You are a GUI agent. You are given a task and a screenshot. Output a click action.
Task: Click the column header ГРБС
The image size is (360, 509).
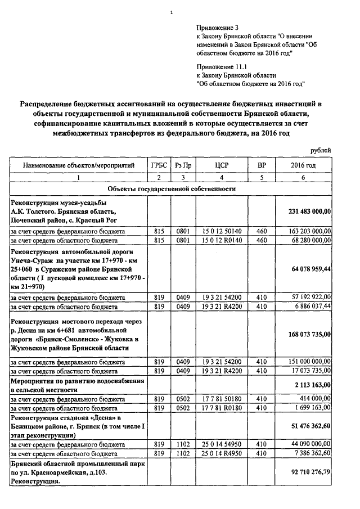pyautogui.click(x=159, y=165)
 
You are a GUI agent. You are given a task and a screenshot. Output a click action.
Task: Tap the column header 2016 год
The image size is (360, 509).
pyautogui.click(x=303, y=165)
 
